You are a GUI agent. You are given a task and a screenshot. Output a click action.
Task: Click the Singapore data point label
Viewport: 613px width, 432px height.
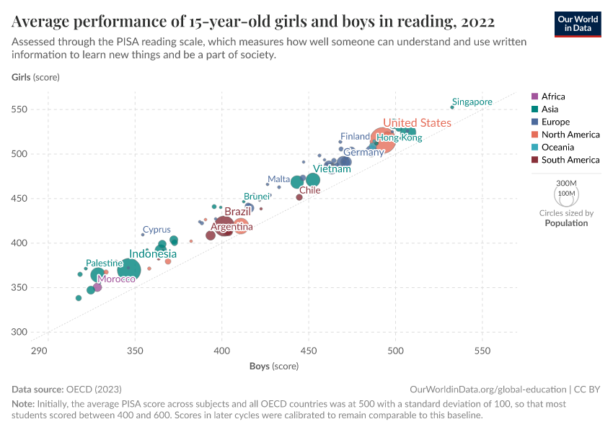472,102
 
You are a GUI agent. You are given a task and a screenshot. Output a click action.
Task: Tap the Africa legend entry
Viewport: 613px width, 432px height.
552,96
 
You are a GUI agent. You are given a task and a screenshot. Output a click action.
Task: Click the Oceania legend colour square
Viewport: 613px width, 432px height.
534,148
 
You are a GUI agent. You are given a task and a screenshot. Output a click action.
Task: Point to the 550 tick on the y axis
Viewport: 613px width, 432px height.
19,109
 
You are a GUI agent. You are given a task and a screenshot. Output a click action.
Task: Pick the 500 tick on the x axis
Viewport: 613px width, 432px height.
395,351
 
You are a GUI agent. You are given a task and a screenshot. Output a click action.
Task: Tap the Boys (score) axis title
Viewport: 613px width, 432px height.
274,366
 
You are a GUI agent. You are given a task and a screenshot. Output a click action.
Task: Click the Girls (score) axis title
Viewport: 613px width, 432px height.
35,77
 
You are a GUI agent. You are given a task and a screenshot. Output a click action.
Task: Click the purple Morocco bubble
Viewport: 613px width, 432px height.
97,287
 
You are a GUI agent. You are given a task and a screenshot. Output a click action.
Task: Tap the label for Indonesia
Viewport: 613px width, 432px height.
152,254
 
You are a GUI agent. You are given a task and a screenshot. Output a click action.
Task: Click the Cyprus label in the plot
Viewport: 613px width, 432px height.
156,230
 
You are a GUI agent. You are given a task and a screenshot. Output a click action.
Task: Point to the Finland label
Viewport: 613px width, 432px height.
355,136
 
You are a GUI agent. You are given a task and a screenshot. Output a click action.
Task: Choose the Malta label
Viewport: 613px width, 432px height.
278,179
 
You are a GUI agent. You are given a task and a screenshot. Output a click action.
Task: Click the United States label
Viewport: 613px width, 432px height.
417,123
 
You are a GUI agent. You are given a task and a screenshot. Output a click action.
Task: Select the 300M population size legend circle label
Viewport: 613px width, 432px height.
567,184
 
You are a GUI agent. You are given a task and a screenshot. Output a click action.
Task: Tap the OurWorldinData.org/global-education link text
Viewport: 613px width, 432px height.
487,389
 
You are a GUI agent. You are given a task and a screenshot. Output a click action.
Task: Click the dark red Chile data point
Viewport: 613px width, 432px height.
299,197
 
